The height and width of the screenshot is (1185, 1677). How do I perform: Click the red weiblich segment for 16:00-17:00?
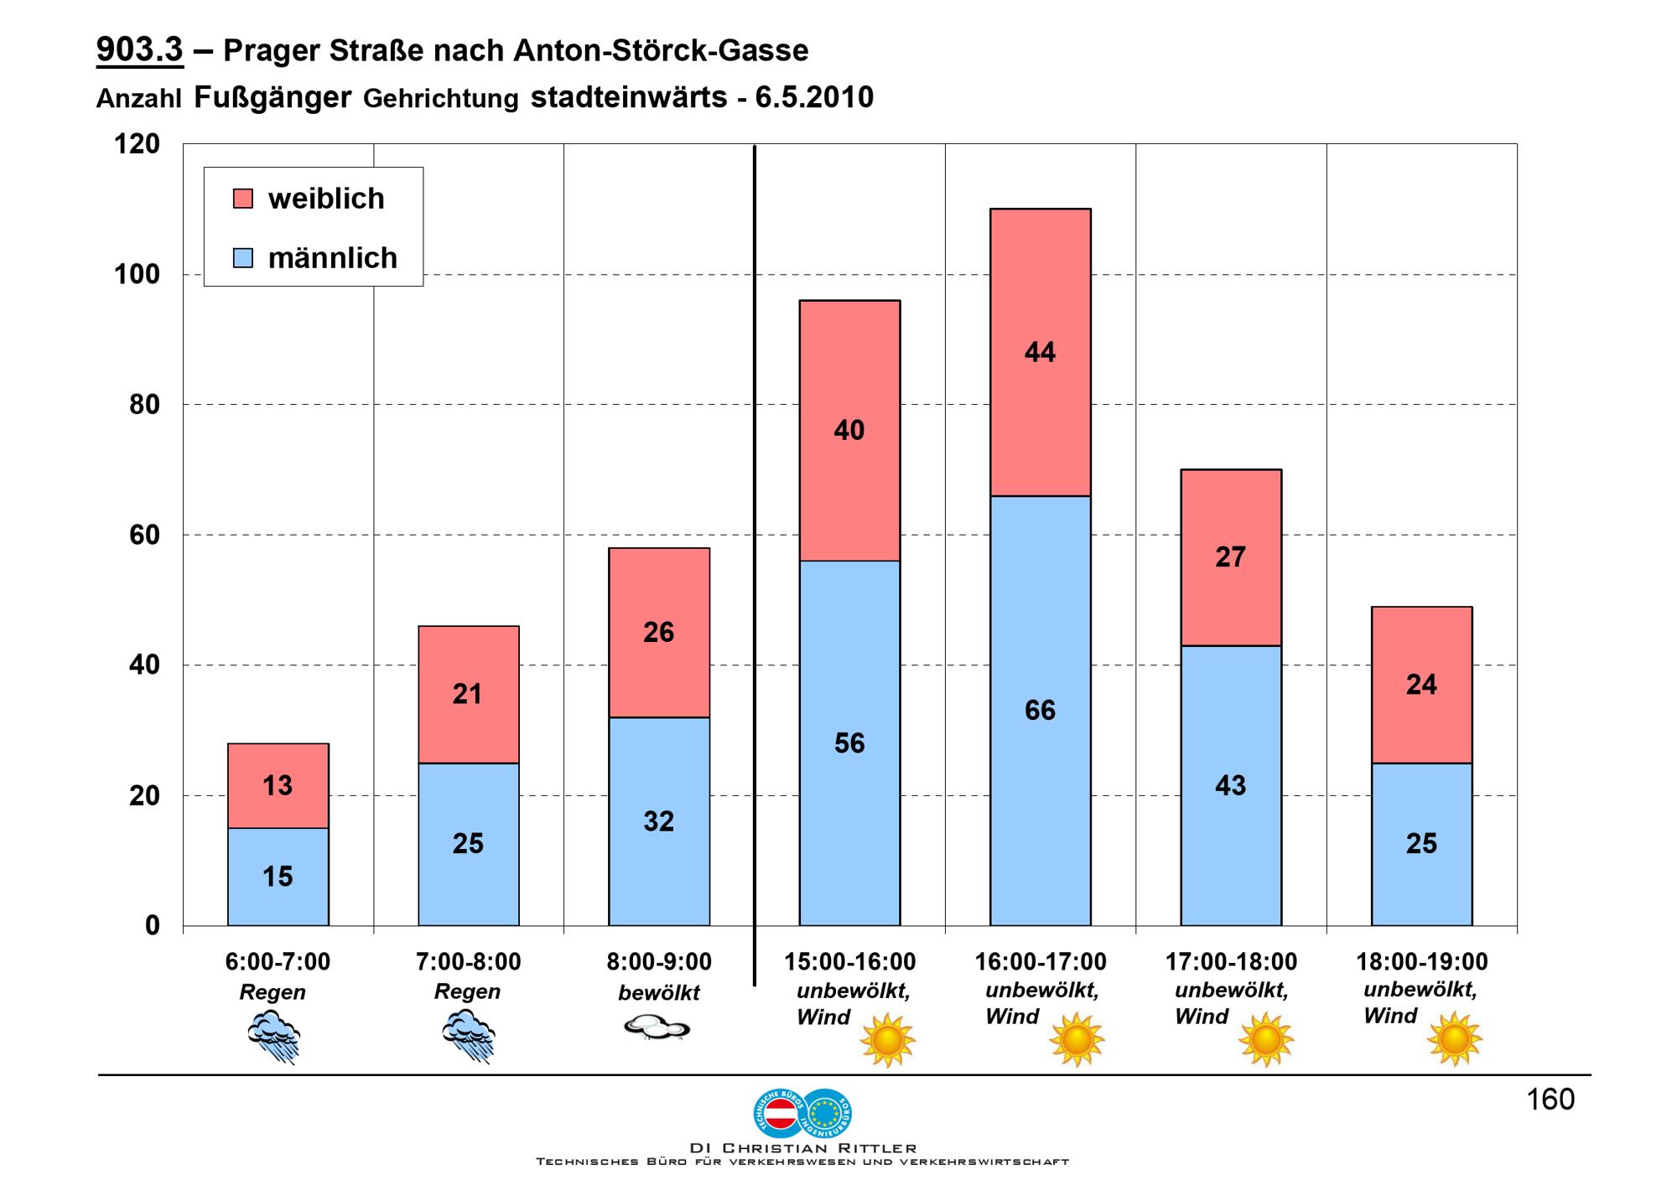(x=1040, y=352)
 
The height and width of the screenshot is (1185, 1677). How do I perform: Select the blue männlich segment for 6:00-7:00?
(x=278, y=877)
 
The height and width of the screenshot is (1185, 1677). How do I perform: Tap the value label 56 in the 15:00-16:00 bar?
(x=849, y=743)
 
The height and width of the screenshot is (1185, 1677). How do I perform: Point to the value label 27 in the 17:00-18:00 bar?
(x=1230, y=557)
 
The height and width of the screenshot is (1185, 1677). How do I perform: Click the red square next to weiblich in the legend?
(x=242, y=199)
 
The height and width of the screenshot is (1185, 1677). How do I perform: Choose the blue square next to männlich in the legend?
(x=242, y=257)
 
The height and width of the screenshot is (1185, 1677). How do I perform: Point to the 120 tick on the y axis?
(x=137, y=144)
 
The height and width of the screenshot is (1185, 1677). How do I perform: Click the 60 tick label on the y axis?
(x=144, y=535)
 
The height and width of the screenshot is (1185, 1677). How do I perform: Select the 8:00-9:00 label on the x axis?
(x=659, y=961)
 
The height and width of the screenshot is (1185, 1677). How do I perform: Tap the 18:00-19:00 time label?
(x=1422, y=961)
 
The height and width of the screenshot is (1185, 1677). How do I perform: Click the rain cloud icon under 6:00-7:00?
(x=274, y=1036)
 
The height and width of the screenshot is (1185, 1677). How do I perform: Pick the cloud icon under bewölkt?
(x=657, y=1027)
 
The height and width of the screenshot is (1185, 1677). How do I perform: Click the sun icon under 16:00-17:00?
(x=1077, y=1039)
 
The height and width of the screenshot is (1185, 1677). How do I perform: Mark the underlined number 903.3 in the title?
(x=139, y=49)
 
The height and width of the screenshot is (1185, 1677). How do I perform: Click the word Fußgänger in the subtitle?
(x=273, y=98)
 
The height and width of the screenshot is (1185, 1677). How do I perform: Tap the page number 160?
(x=1550, y=1099)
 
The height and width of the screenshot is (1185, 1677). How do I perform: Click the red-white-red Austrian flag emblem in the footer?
(x=781, y=1113)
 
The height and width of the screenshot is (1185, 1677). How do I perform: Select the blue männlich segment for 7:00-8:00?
(x=469, y=844)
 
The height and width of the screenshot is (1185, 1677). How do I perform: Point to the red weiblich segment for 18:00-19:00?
(x=1422, y=685)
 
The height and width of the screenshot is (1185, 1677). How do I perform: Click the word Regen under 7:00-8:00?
(x=467, y=991)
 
